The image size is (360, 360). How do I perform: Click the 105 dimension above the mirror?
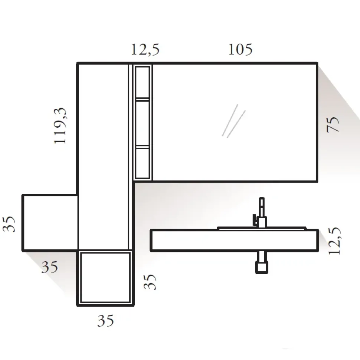coord(240,49)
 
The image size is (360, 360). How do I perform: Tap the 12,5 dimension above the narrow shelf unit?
coord(145,49)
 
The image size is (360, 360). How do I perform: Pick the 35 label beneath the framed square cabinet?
coord(106,320)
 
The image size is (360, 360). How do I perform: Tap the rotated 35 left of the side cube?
coord(12,223)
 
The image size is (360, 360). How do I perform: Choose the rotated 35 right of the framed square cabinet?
coord(150,282)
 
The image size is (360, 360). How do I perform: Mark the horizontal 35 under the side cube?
coord(50,267)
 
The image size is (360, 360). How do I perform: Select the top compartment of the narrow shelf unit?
coord(143,82)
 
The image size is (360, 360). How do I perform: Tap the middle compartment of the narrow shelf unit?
coord(143,122)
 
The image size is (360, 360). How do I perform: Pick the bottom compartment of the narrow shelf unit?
coord(143,163)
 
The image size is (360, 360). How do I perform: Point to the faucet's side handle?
coord(255,220)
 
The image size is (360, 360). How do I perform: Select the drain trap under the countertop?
coord(262,264)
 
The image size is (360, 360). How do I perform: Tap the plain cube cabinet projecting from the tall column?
coord(50,222)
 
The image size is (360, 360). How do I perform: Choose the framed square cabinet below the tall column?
coord(105,277)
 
